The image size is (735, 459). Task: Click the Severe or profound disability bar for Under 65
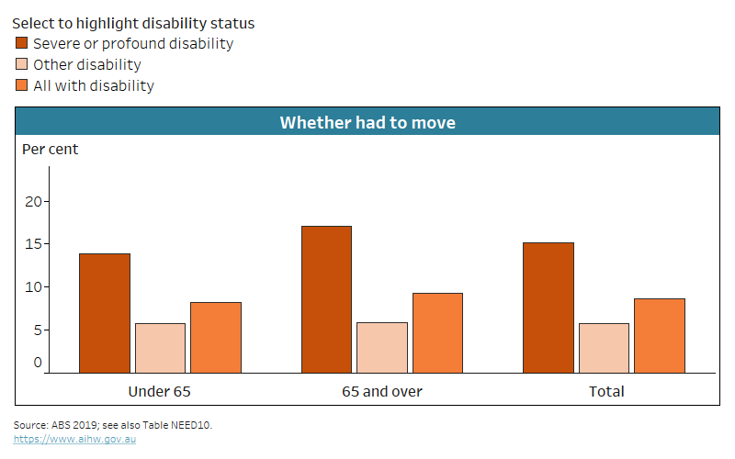point(104,313)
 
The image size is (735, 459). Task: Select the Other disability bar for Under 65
point(160,348)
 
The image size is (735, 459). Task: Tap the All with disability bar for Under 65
point(215,337)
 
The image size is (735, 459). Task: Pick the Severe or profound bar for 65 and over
point(326,299)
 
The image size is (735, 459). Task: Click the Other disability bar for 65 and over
point(381,347)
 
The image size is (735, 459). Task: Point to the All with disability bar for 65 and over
point(437,332)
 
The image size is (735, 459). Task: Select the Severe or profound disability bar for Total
point(548,308)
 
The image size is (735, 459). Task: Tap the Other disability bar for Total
point(604,348)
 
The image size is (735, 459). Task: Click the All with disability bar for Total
point(660,335)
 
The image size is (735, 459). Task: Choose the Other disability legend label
point(86,64)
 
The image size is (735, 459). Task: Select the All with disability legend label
point(93,85)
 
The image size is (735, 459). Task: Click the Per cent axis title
point(51,149)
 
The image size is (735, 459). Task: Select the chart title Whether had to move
point(367,122)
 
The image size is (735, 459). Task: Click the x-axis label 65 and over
point(381,391)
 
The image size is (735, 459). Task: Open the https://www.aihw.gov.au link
point(74,440)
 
